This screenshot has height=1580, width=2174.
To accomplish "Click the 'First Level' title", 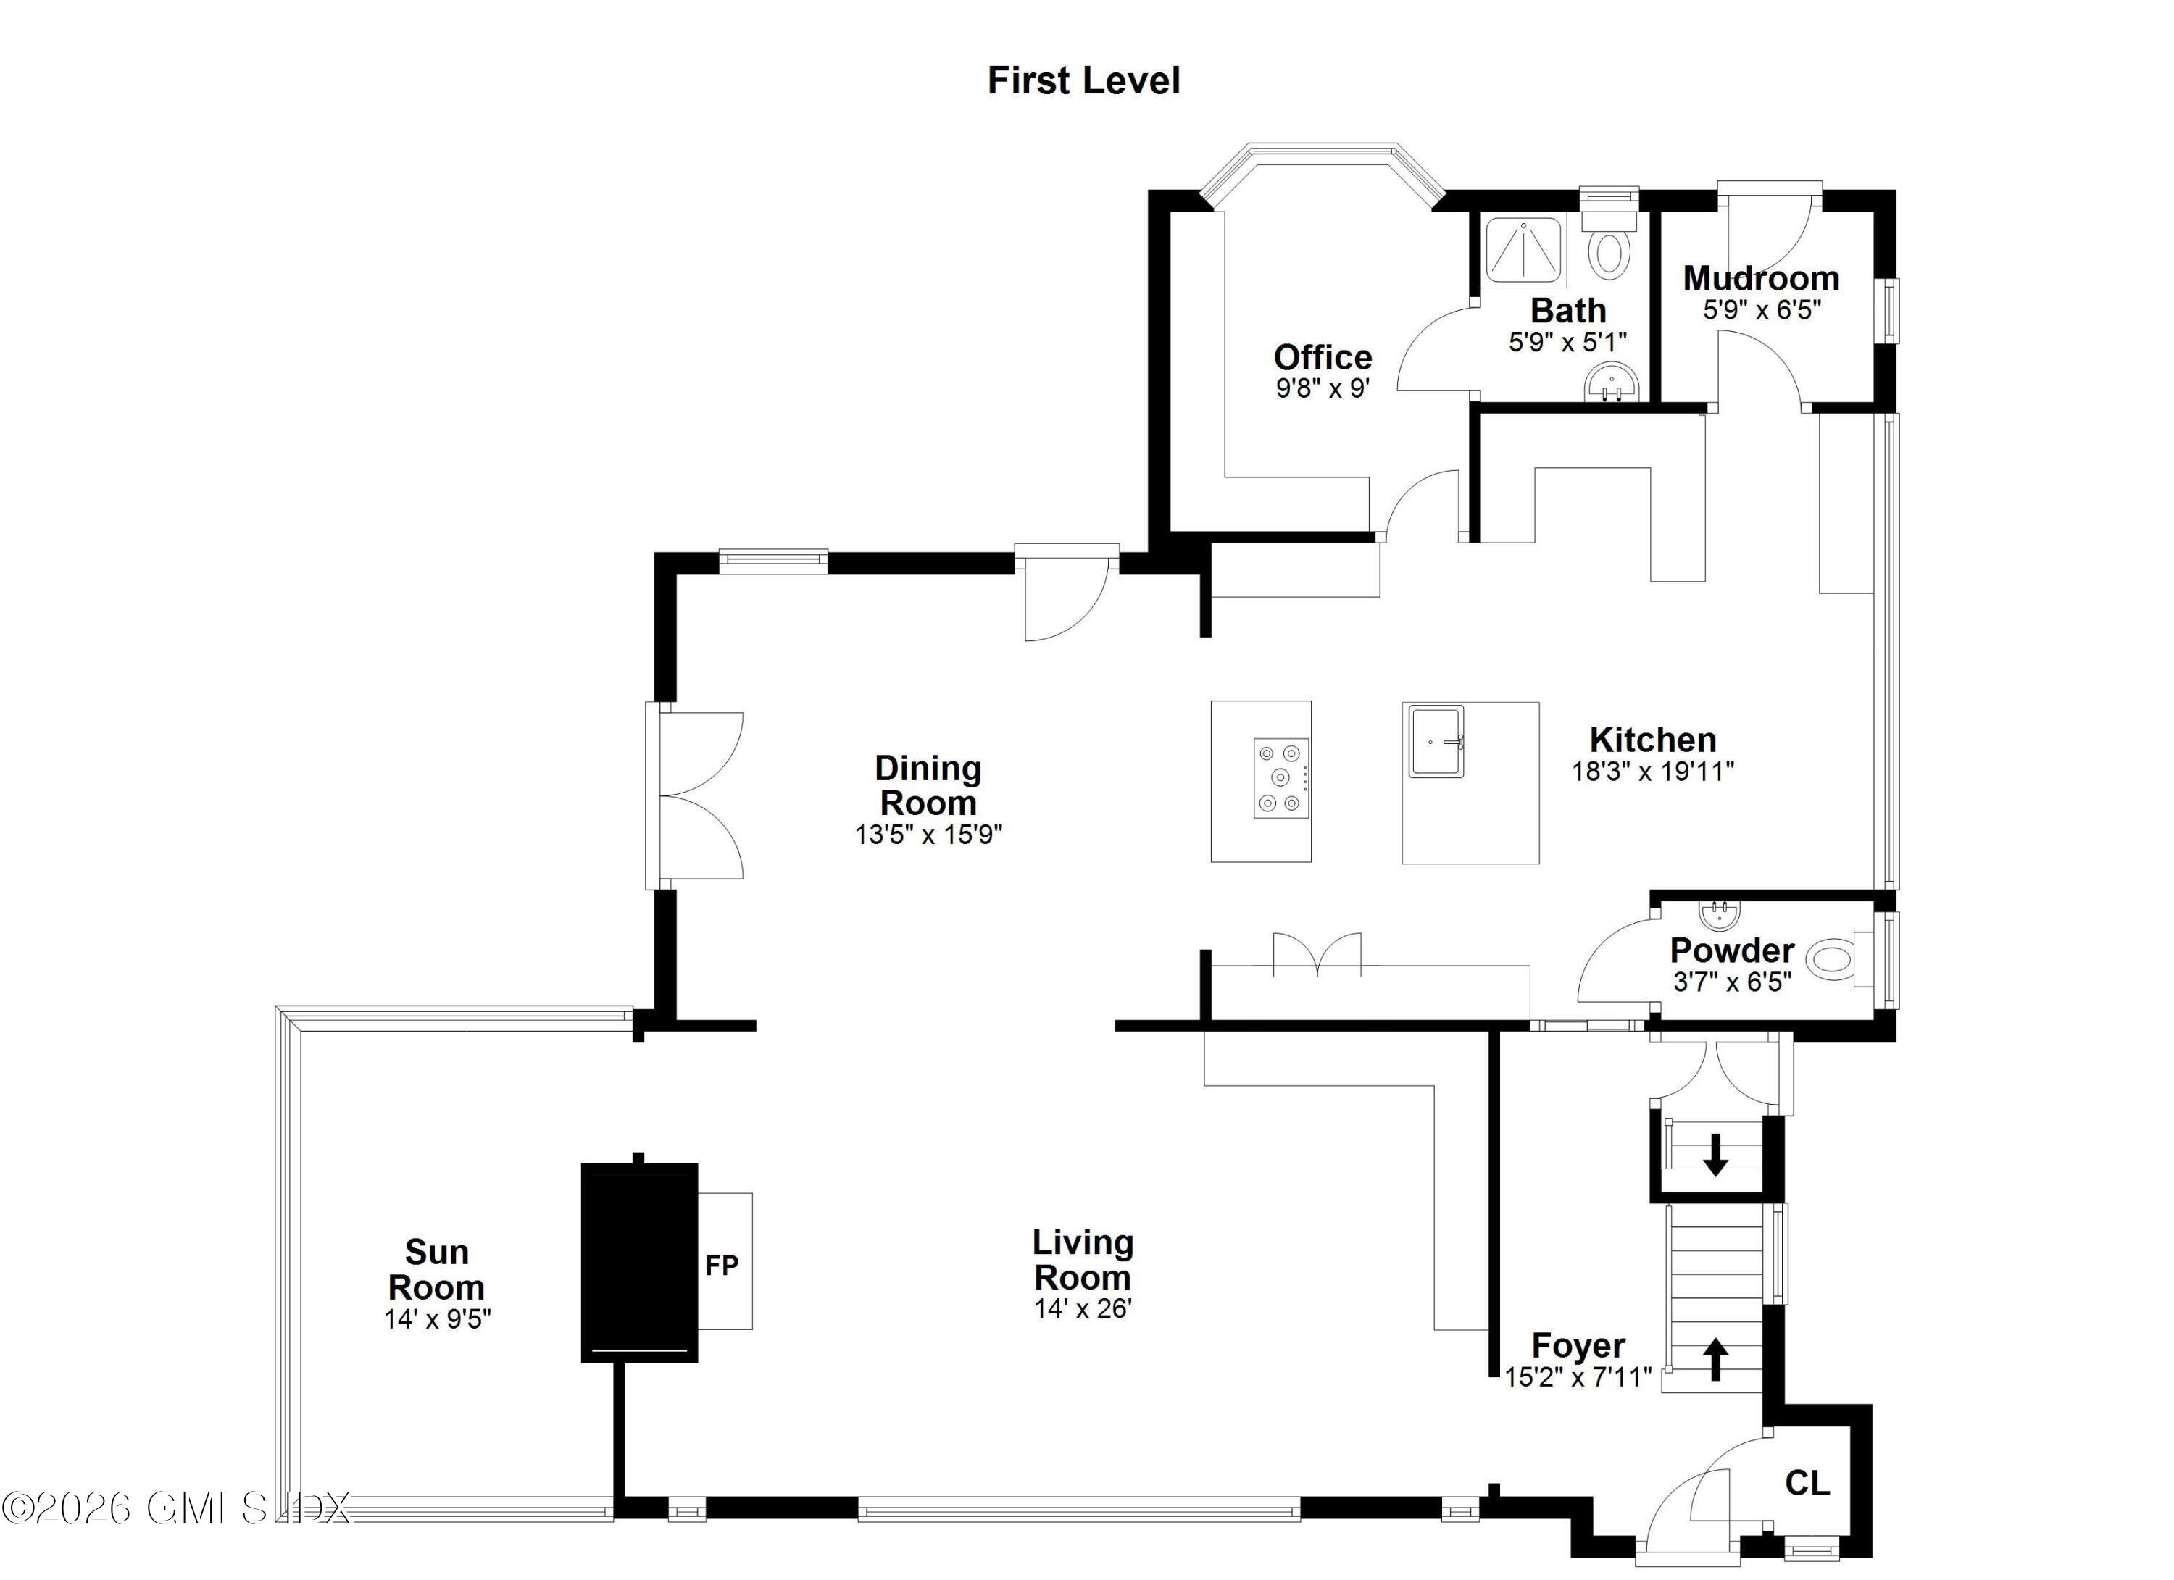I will click(x=1083, y=80).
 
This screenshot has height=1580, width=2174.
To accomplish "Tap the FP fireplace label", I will click(x=722, y=1266).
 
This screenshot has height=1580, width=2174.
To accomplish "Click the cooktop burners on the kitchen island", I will click(x=1280, y=778).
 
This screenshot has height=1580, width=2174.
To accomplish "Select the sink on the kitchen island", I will click(x=1436, y=742).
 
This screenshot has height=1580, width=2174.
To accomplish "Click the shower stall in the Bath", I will click(x=1523, y=251).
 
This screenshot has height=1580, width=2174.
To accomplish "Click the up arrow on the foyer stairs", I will click(x=1715, y=1358).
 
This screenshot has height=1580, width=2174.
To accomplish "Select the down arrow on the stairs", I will click(x=1715, y=1155).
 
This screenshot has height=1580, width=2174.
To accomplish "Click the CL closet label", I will click(x=1807, y=1483).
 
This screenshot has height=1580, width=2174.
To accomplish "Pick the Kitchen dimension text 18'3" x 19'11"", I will click(x=1652, y=772).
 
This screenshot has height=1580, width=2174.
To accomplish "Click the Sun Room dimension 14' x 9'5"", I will click(x=437, y=1319).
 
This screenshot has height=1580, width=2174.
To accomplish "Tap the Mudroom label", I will click(x=1761, y=279).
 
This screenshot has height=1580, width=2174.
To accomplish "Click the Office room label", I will click(x=1323, y=357).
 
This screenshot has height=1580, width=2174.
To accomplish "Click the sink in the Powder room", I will click(x=1717, y=915).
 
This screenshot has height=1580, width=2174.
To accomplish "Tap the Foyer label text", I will click(x=1578, y=1346).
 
